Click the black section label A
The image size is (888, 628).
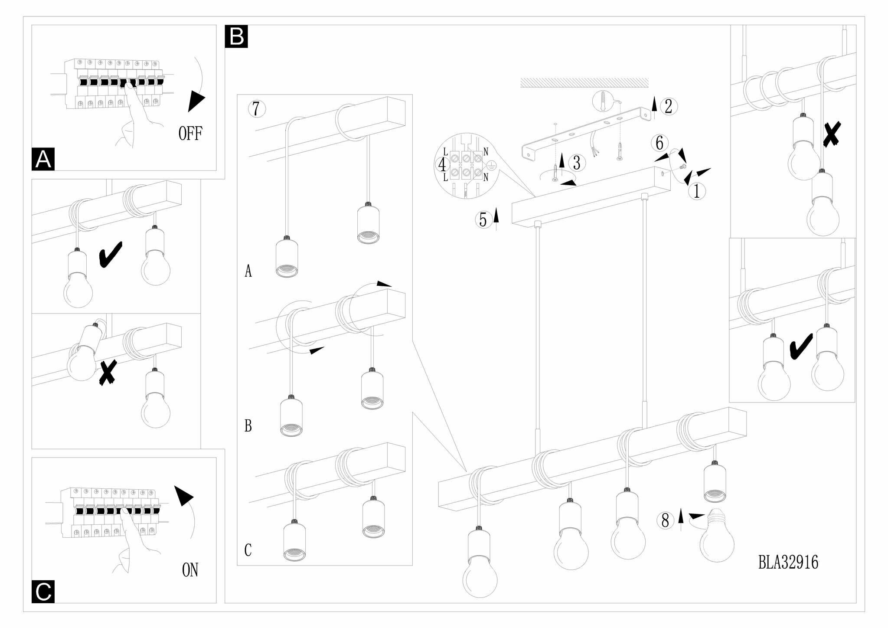43,159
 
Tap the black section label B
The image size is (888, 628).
236,36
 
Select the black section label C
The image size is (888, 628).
43,592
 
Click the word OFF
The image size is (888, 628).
190,133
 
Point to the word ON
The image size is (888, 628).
190,570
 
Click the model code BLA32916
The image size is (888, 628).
788,563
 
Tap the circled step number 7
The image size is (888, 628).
257,108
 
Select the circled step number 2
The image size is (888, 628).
668,106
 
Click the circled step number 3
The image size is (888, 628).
576,163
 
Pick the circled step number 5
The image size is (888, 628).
483,220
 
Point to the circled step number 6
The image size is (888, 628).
659,143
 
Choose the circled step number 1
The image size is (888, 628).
697,191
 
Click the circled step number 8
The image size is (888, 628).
666,520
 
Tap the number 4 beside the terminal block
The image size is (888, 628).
442,165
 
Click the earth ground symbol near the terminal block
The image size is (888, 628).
491,165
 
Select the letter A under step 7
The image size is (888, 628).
248,271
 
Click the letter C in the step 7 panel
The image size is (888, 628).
248,550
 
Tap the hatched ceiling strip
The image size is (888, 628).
584,83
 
